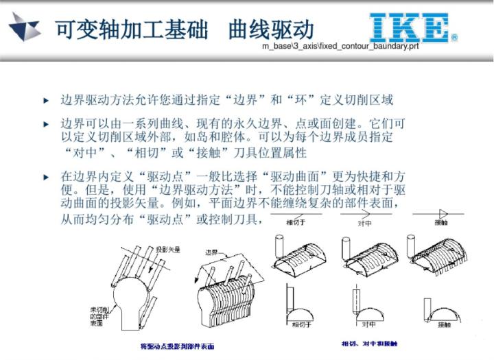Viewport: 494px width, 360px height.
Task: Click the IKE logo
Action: (x=412, y=28)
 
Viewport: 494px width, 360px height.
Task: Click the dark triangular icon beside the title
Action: (x=25, y=27)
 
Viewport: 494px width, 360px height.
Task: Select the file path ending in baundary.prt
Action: (x=340, y=47)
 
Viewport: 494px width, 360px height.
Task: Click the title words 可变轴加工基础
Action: (x=128, y=29)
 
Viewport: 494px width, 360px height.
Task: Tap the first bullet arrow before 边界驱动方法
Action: (x=46, y=101)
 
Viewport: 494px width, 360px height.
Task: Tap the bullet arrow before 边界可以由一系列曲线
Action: (x=46, y=125)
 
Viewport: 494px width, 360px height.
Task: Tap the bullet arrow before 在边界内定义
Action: (x=46, y=176)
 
